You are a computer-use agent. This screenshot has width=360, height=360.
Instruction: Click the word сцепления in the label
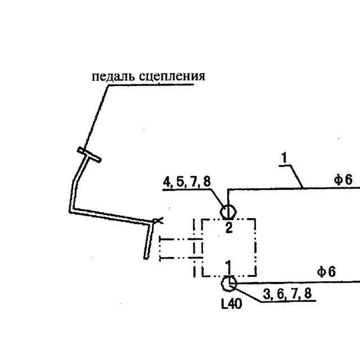(172, 76)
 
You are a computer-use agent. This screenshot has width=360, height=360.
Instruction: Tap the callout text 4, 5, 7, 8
(187, 182)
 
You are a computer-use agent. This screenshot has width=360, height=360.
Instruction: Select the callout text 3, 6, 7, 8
(287, 294)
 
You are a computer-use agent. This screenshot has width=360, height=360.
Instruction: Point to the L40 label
(231, 304)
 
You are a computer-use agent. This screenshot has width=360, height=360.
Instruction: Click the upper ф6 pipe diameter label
(343, 179)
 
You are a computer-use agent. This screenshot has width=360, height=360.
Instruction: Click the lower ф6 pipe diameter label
(326, 272)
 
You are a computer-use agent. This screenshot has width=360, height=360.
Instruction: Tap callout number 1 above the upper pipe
(285, 157)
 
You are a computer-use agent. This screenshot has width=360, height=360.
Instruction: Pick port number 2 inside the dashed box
(229, 228)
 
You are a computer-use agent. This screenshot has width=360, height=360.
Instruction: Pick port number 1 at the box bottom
(228, 267)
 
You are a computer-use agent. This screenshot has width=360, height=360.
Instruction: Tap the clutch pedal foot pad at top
(89, 155)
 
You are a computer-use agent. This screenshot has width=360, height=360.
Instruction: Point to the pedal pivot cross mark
(157, 220)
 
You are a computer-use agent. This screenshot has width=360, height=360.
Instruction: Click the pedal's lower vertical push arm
(148, 241)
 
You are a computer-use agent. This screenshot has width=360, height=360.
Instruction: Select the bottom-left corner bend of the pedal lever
(71, 210)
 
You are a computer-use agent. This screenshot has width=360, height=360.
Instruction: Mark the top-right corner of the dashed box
(255, 219)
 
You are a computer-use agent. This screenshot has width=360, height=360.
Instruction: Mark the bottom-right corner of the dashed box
(255, 275)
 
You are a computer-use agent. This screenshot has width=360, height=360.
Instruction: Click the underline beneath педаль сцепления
(151, 85)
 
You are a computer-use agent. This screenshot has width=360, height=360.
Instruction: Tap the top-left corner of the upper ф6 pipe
(228, 190)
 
